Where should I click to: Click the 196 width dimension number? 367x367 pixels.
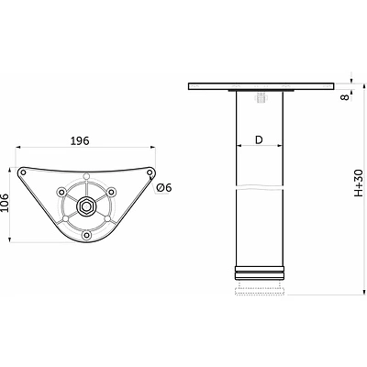[80, 140]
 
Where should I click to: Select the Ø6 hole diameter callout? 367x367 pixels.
[164, 187]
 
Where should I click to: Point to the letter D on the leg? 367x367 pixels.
[259, 139]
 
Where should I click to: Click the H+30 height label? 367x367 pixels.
[359, 183]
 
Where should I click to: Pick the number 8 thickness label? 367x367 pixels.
[345, 97]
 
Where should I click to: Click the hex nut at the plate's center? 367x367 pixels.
[85, 206]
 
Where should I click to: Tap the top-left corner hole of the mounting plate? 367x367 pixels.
[23, 172]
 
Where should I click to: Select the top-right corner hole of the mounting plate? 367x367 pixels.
[150, 172]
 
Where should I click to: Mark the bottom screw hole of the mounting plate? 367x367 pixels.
[87, 235]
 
